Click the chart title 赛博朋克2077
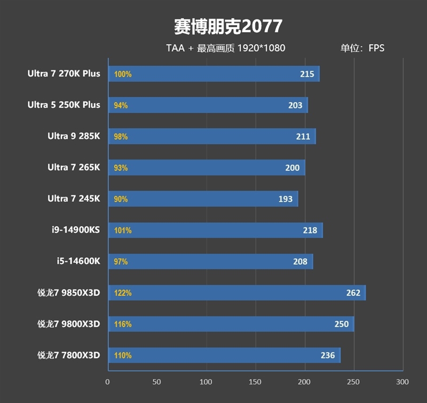228,26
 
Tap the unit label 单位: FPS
362,48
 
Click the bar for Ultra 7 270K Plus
213,74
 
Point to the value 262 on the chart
353,293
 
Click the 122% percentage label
122,293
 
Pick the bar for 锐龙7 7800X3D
224,355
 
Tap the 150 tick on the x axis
255,382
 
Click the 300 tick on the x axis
402,382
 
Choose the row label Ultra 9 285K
74,136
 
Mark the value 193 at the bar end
285,199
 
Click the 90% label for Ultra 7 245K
121,199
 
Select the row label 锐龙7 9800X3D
68,324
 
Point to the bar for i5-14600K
210,262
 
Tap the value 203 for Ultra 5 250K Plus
295,106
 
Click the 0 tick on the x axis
108,382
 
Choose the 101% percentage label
122,231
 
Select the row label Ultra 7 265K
74,168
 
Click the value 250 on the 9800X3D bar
341,324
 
